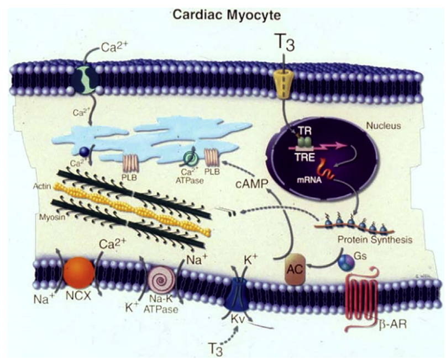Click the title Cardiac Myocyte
(x=223, y=13)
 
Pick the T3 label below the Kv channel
(x=217, y=347)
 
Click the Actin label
(x=43, y=187)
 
